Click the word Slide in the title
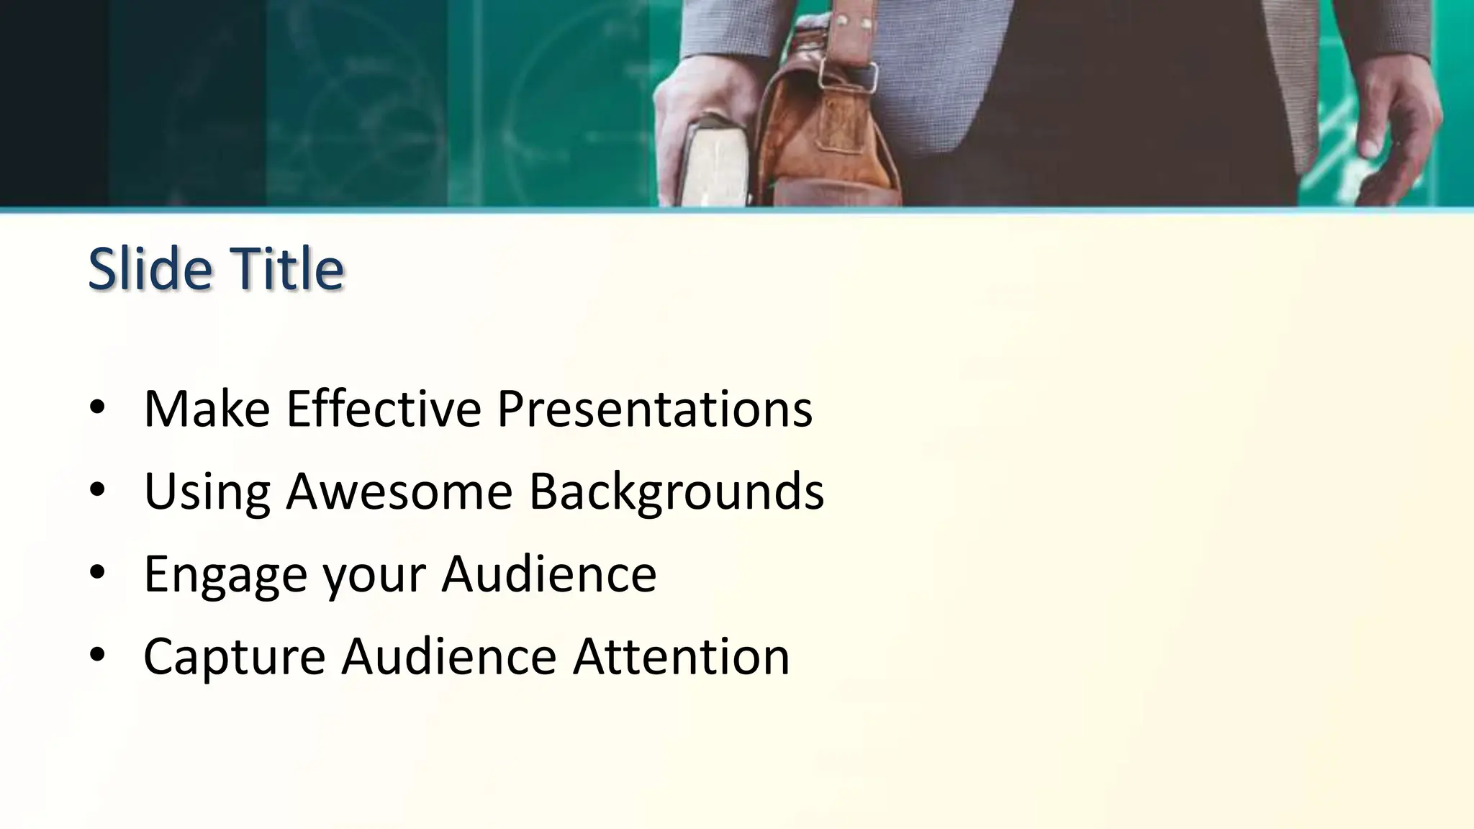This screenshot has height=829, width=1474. tap(150, 268)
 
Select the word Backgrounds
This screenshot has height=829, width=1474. tap(677, 492)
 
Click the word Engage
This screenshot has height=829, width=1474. tap(225, 574)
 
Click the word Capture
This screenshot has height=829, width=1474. tap(234, 656)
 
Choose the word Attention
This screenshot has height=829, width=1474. tap(681, 656)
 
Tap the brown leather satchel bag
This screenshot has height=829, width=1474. tap(828, 137)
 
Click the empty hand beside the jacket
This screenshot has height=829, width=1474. tap(1396, 130)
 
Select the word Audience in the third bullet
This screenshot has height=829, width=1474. tap(548, 574)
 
